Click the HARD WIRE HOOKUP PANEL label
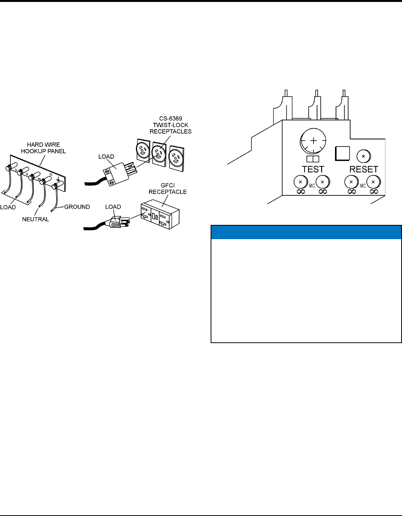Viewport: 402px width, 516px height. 43,148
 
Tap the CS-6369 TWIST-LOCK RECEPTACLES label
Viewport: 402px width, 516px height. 171,125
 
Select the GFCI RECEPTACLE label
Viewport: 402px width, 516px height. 167,189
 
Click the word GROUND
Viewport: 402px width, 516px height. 77,207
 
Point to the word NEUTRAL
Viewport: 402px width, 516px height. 35,219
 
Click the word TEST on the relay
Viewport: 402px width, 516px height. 313,169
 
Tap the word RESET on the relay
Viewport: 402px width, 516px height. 363,169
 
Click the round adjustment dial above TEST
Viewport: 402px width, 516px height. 313,141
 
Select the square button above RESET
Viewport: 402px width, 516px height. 342,153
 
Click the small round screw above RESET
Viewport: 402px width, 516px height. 363,156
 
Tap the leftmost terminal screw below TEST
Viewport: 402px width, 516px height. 300,182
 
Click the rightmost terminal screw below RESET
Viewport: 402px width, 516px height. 373,182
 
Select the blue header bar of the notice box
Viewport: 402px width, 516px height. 306,232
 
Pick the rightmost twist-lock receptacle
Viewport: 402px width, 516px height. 177,157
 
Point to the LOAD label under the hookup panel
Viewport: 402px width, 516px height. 8,207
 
